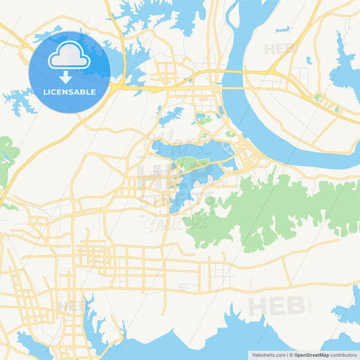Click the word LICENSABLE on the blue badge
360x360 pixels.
[x=70, y=91]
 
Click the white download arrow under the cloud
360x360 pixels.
[x=70, y=76]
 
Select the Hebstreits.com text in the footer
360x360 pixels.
[x=269, y=355]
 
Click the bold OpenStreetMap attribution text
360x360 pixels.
[x=311, y=355]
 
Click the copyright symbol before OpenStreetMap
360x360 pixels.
[x=291, y=355]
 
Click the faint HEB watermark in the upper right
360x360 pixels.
[x=281, y=49]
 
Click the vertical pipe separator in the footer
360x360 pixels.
[x=288, y=355]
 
